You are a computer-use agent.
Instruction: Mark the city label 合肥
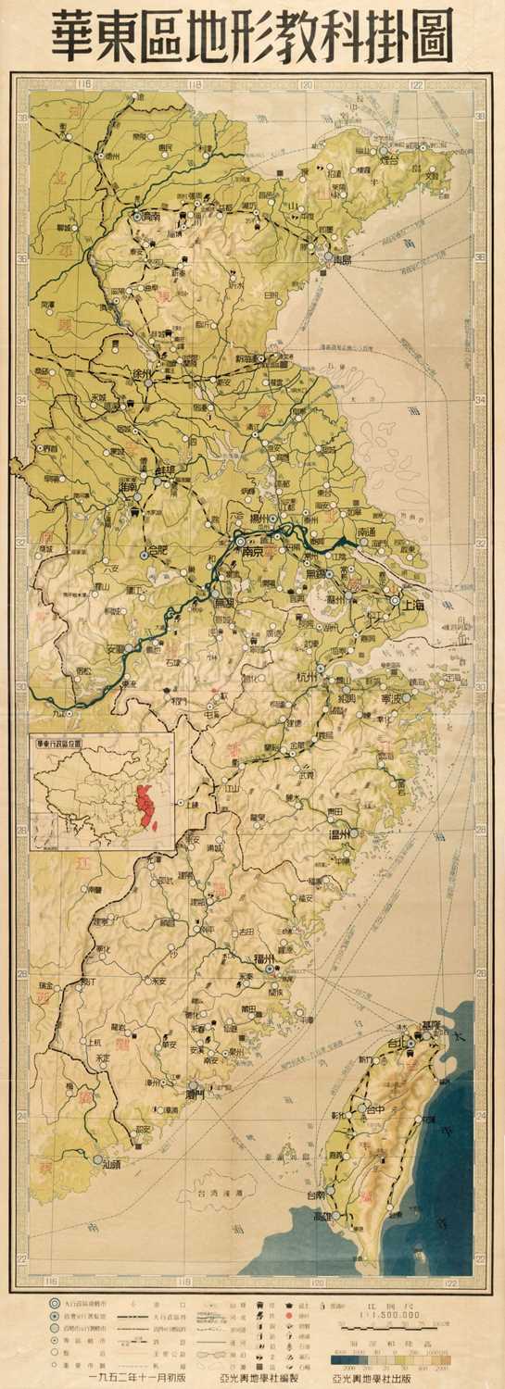163,554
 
